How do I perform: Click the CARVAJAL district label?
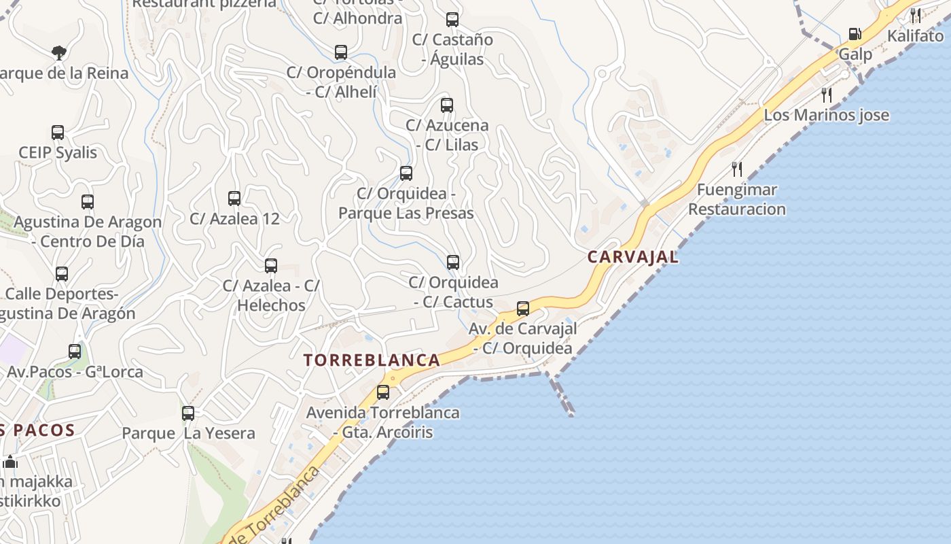pos(632,257)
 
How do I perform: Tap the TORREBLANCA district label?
pos(372,360)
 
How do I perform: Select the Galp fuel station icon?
pos(855,34)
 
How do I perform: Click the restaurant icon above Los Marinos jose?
pos(826,95)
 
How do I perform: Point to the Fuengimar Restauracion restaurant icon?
pos(737,169)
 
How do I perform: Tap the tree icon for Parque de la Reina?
pos(59,52)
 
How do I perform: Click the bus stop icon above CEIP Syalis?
pos(58,133)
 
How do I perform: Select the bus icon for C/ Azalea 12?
pos(234,199)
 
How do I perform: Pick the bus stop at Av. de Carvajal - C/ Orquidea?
pos(523,309)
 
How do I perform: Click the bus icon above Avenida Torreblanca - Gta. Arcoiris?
pos(383,392)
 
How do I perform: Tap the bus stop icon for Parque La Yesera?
pos(188,413)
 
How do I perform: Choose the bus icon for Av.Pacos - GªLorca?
pos(75,352)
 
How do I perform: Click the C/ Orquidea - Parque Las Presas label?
pos(406,203)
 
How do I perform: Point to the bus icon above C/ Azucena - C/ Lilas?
pos(447,105)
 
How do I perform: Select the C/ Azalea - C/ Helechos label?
pos(272,295)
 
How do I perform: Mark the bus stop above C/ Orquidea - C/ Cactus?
pos(453,262)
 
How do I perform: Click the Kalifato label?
pos(915,35)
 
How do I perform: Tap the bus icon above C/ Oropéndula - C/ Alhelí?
pos(341,52)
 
